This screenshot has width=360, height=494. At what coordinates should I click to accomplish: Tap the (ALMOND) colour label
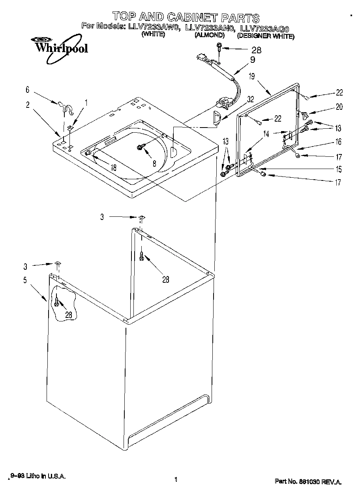[x=209, y=35]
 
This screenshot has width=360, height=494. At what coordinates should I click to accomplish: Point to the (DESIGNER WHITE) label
[x=265, y=36]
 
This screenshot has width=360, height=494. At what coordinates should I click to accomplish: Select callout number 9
[x=252, y=60]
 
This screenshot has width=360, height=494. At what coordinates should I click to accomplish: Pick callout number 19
[x=252, y=77]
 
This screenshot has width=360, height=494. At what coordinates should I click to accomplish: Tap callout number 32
[x=250, y=100]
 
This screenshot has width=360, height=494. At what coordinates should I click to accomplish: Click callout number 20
[x=339, y=107]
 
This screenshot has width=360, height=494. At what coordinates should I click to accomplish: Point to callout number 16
[x=339, y=142]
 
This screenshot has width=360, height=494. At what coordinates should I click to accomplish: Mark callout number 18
[x=113, y=167]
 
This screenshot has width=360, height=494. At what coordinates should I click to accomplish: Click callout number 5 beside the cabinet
[x=25, y=280]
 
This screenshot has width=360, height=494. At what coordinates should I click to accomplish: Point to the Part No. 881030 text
[x=308, y=482]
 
